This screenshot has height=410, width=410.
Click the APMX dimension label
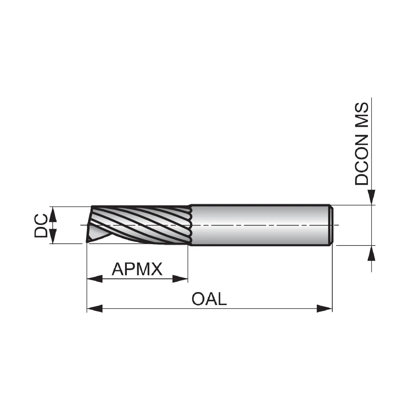[137, 269]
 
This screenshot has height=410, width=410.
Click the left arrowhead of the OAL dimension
[94, 309]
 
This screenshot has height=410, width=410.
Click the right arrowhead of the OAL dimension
[324, 309]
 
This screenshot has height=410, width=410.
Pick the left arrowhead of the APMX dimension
[94, 279]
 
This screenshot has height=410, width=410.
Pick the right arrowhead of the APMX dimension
[180, 279]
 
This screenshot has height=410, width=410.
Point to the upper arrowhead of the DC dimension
[53, 214]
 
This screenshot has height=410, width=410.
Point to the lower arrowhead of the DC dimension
[53, 236]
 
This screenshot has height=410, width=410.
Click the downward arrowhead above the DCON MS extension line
[371, 197]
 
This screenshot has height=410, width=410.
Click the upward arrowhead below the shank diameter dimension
[371, 253]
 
